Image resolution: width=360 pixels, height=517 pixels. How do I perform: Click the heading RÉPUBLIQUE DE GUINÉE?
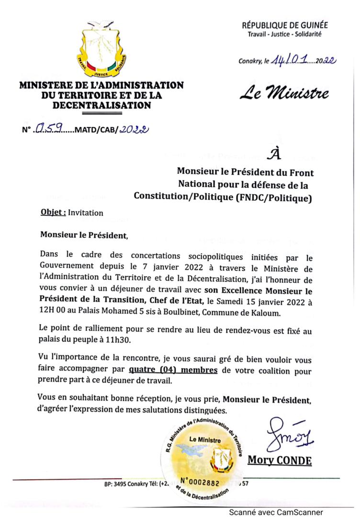285,25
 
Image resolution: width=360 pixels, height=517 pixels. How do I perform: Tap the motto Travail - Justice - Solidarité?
284,34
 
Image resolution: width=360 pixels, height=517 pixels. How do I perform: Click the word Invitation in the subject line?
86,213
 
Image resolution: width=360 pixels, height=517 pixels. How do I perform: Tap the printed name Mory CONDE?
280,461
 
